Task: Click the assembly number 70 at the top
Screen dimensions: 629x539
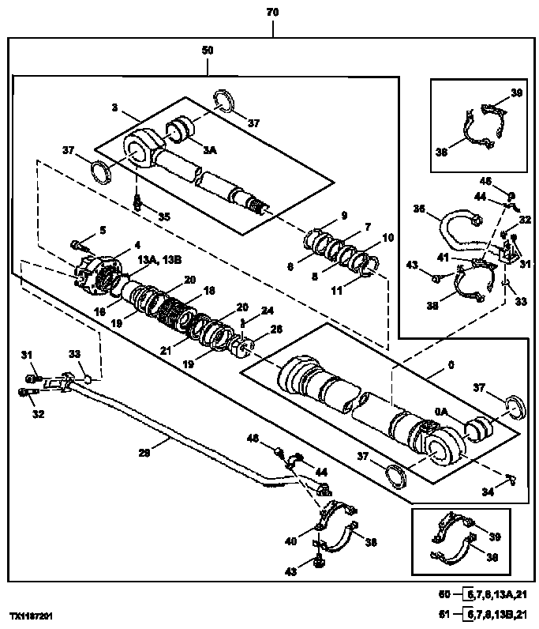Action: click(272, 12)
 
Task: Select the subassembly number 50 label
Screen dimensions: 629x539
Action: click(208, 50)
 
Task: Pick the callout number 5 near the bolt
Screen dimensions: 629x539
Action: click(102, 231)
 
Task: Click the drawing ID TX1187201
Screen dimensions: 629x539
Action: click(32, 613)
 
